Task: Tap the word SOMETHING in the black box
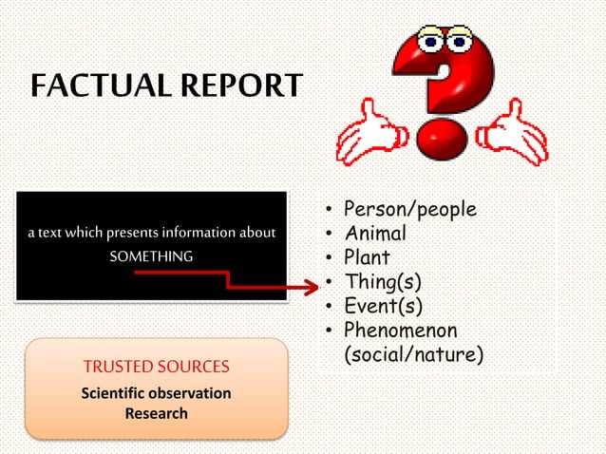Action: click(151, 256)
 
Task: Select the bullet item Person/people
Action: click(409, 210)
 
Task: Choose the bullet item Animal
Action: click(375, 234)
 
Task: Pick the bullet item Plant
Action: click(368, 257)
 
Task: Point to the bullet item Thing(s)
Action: click(383, 282)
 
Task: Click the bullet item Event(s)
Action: click(383, 306)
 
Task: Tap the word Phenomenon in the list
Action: click(401, 331)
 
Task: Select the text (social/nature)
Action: click(413, 354)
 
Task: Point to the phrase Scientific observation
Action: click(156, 393)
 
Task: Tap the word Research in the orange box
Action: click(156, 413)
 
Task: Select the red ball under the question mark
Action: click(445, 140)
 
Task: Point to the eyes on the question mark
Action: click(444, 40)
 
